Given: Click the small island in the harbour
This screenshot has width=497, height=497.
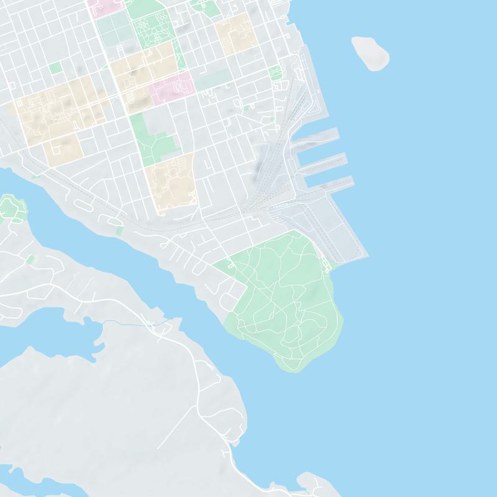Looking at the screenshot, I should coord(370,53).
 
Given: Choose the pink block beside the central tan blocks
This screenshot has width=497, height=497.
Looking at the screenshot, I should coord(171,85).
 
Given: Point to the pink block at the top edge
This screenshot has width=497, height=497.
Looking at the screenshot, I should coord(104,6).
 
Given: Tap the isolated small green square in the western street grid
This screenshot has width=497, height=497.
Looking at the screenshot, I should coord(56,68).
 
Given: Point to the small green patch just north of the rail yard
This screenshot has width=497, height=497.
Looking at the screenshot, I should coord(275,73).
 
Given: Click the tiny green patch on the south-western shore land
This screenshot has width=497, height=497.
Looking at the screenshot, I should coord(29,258).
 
